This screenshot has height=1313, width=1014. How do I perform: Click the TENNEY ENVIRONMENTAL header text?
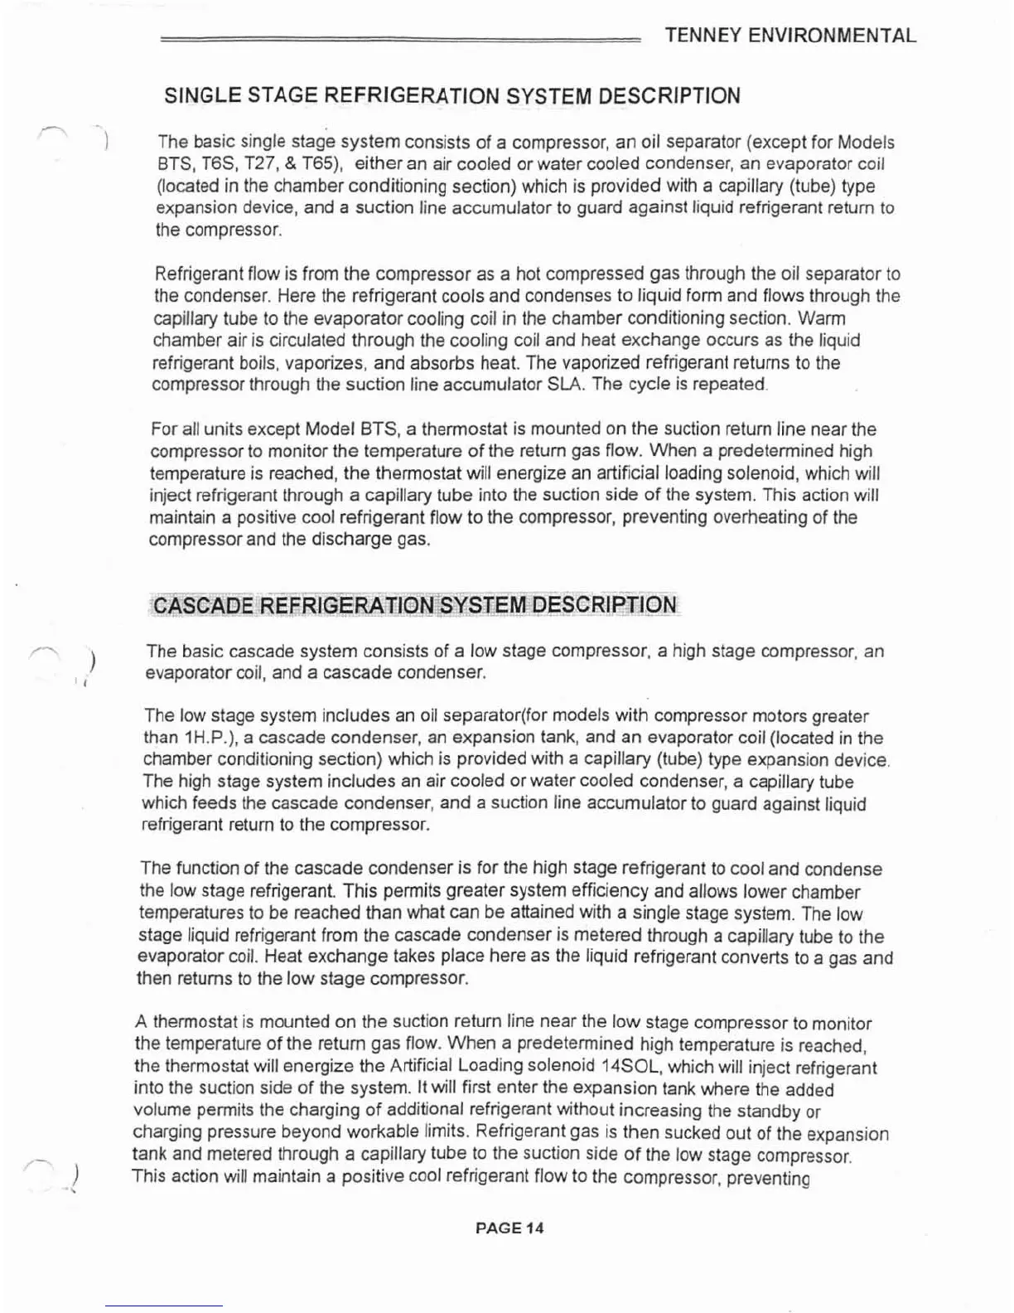coord(790,36)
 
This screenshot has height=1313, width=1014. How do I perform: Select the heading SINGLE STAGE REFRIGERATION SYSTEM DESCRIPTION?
coord(452,96)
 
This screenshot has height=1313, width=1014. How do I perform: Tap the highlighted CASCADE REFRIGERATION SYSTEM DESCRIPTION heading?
coord(415,604)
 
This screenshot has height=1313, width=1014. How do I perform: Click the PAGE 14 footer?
coord(509,1228)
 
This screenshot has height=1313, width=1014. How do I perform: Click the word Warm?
coord(821,318)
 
